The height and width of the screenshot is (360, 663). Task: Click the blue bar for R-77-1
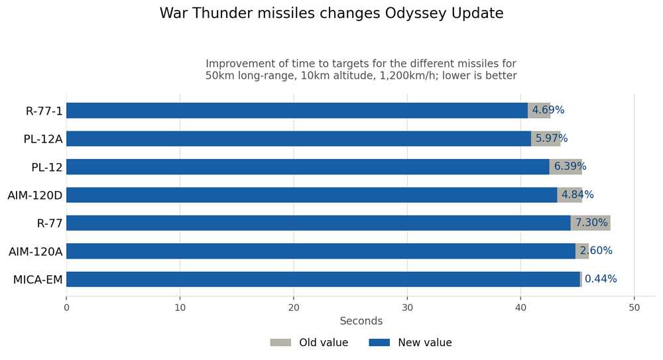[x=297, y=111]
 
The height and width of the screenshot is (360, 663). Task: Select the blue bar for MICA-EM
[x=323, y=279]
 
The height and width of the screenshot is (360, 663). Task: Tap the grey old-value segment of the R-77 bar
[x=590, y=223]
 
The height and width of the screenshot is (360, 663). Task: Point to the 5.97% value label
[x=552, y=139]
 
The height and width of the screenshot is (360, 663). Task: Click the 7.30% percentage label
[x=591, y=223]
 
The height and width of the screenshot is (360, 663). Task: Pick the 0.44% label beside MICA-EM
[x=601, y=278]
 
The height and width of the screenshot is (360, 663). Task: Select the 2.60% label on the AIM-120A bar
[x=596, y=251]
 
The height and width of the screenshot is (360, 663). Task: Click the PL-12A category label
[x=43, y=139]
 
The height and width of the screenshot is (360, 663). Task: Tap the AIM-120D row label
[x=35, y=196]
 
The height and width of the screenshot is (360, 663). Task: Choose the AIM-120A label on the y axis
[x=36, y=252]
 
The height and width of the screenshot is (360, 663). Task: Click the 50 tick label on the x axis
[x=634, y=308]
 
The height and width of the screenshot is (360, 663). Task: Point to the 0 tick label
[x=66, y=308]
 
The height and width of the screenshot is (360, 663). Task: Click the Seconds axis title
[x=361, y=321]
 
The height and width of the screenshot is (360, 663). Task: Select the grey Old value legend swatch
[x=280, y=342]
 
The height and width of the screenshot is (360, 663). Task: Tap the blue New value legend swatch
[x=379, y=342]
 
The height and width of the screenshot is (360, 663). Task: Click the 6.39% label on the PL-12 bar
[x=570, y=166]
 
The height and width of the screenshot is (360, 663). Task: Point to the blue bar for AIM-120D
[x=312, y=195]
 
